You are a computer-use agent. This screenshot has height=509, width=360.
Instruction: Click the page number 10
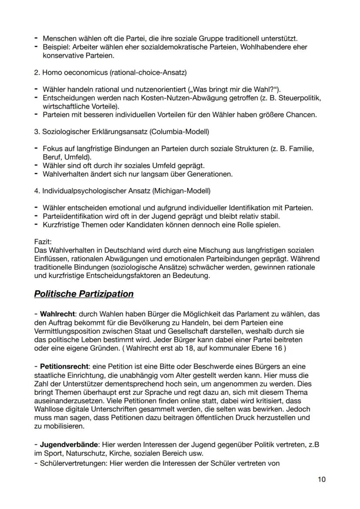[x=321, y=479]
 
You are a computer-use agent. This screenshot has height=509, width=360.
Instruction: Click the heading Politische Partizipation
[x=83, y=294]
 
